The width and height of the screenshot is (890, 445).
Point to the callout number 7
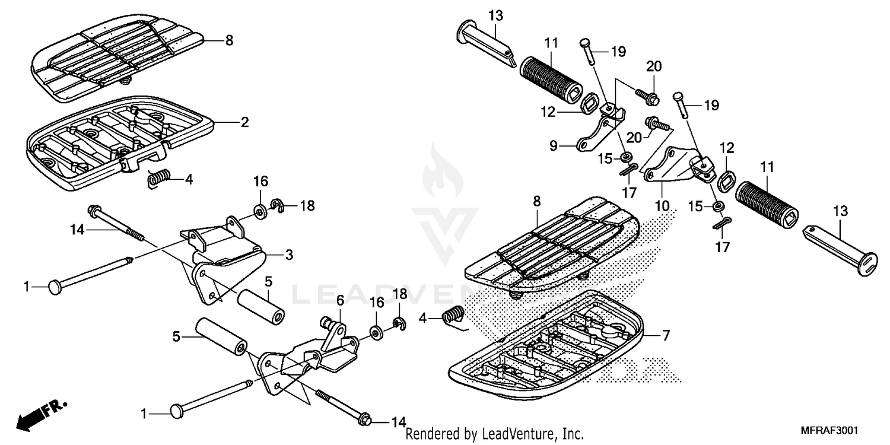(666, 336)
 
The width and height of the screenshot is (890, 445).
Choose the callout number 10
(662, 206)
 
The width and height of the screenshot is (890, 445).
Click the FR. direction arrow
(42, 414)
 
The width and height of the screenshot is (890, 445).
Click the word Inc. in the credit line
(573, 434)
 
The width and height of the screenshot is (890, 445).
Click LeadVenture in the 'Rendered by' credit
(515, 434)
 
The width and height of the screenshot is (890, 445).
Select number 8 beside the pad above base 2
(229, 41)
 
